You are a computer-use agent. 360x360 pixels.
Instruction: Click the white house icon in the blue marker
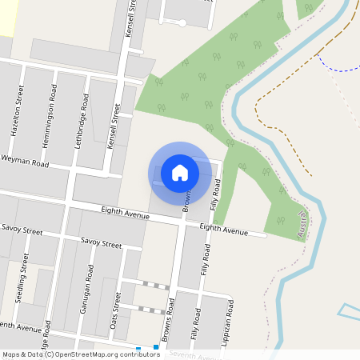click(180, 172)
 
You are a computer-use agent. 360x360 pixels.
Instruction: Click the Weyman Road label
click(26, 163)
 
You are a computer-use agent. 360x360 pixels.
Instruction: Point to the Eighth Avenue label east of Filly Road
click(224, 230)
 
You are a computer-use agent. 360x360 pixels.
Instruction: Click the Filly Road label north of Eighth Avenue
click(214, 195)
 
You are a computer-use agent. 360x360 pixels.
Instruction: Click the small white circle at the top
click(182, 23)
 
